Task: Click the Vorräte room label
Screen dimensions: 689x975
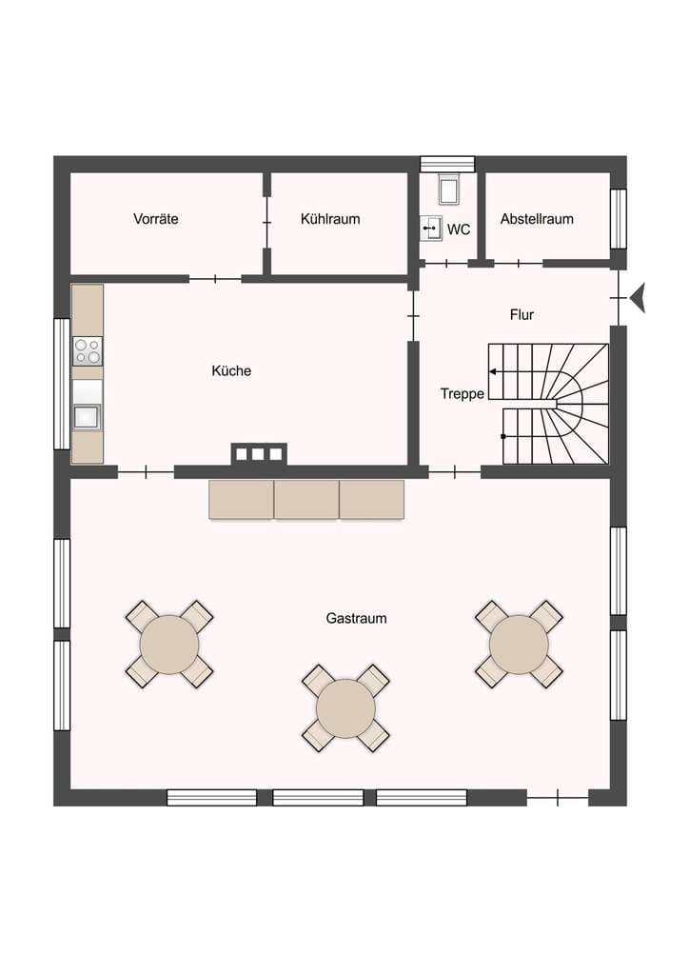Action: [156, 219]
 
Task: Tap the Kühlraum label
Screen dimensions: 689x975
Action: [330, 219]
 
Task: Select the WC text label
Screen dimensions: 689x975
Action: [459, 229]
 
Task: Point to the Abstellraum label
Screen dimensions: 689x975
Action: [537, 219]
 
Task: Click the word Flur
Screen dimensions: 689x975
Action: [522, 314]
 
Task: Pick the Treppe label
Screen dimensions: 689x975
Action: [463, 393]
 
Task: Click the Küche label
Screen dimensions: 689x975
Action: [231, 370]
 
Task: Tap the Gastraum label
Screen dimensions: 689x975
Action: [356, 618]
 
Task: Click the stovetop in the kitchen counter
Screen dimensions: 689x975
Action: [88, 351]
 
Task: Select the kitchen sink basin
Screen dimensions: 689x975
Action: [87, 416]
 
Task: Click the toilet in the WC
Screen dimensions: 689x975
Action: [448, 189]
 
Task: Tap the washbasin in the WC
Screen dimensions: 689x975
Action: [431, 229]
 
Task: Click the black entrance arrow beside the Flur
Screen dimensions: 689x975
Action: [638, 298]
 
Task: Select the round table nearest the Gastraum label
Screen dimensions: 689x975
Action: [346, 708]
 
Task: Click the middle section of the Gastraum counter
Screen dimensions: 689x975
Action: [307, 499]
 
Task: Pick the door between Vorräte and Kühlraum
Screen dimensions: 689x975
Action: [267, 222]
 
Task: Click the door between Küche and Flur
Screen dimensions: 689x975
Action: [413, 316]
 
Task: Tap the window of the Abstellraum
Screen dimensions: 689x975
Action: [619, 219]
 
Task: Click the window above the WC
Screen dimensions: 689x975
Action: [447, 164]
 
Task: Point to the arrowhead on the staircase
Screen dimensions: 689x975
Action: [492, 372]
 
